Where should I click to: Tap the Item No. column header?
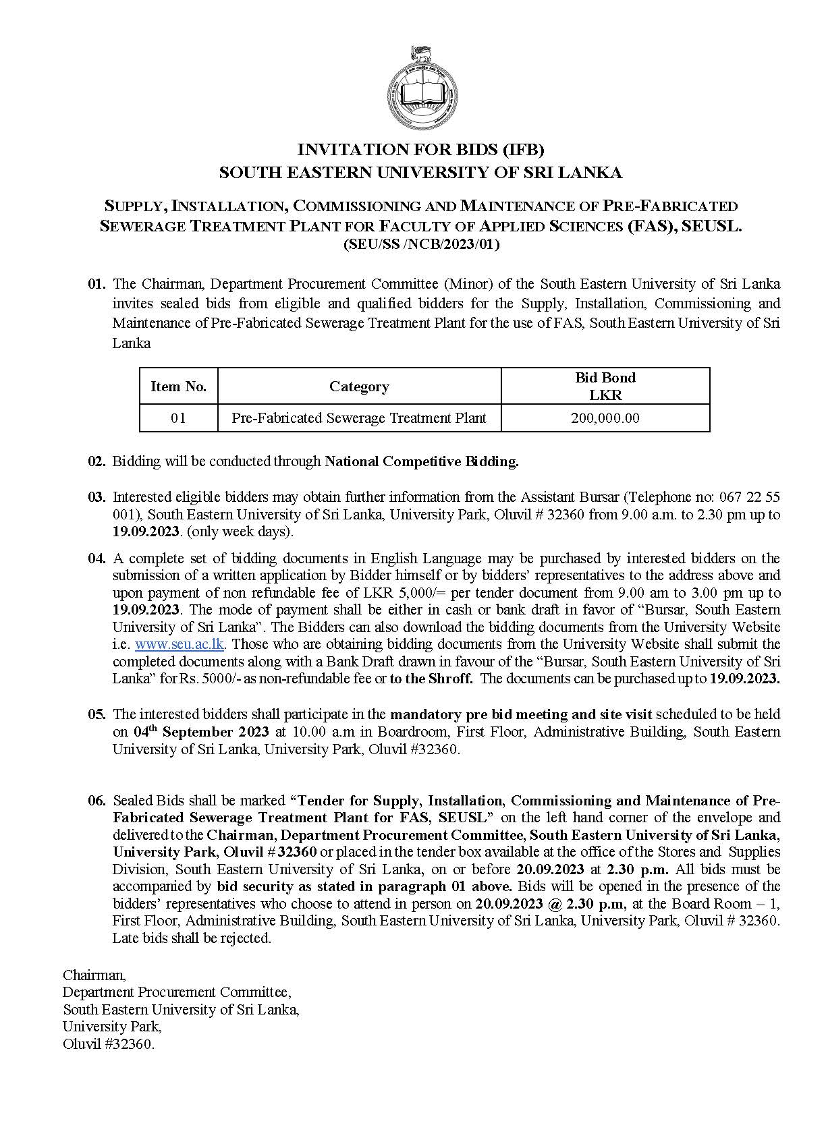click(x=178, y=387)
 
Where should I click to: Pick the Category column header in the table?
click(x=359, y=387)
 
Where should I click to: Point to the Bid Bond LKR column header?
click(x=605, y=386)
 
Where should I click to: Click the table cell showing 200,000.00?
click(x=605, y=418)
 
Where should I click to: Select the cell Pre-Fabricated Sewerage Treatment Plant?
click(x=359, y=418)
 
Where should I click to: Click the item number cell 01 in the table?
click(x=178, y=418)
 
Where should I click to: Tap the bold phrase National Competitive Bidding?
click(x=422, y=461)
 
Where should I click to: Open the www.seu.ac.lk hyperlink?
click(x=179, y=644)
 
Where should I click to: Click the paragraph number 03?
click(x=97, y=497)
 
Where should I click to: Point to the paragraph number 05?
click(x=97, y=714)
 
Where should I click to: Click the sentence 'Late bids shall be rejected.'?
click(x=192, y=938)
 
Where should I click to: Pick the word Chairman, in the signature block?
click(x=94, y=975)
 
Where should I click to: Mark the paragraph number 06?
click(x=97, y=801)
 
